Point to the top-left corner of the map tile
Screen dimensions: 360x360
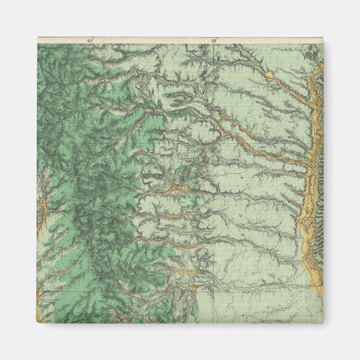38,37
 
